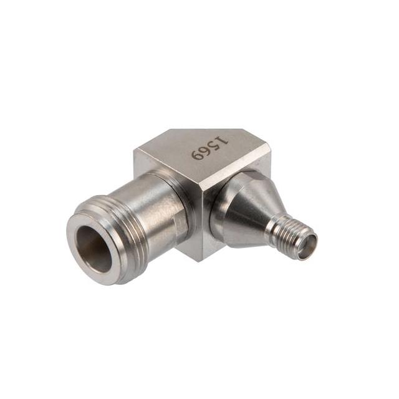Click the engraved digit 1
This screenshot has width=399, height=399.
(x=221, y=141)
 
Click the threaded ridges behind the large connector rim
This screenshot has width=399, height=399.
(x=127, y=229)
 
